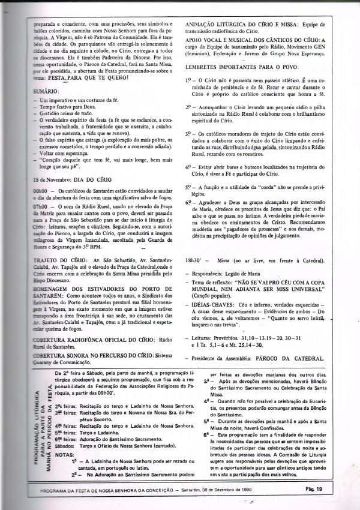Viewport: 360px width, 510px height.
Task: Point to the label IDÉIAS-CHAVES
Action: tap(212, 305)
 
